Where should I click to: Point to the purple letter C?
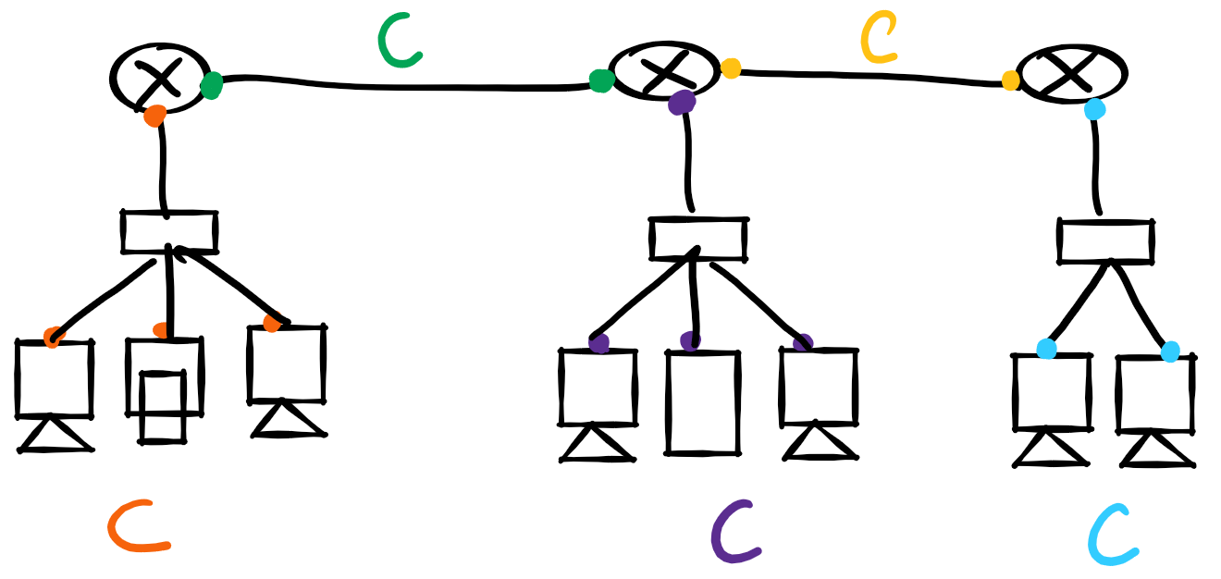734,533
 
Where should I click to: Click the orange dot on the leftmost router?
155,116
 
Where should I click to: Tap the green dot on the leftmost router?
212,85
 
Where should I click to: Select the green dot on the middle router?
601,81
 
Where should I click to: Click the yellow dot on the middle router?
731,68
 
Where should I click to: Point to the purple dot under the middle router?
682,103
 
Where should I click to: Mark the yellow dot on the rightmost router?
1011,80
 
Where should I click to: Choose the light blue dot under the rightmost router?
1094,110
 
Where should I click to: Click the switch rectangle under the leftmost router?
169,231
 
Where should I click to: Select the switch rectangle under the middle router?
697,239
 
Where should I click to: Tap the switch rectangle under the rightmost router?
1105,241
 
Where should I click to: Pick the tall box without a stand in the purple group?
703,402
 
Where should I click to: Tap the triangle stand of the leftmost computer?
55,437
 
